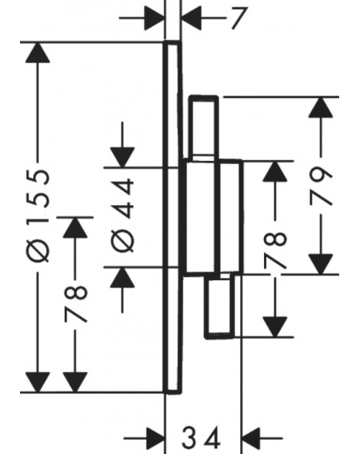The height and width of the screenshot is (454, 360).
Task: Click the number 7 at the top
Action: click(239, 18)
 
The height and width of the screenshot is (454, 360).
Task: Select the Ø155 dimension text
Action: click(38, 215)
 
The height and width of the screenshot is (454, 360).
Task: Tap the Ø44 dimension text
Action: click(122, 215)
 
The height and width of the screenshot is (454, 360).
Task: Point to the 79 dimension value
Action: click(320, 186)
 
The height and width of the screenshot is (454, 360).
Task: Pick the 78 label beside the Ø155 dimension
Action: click(75, 304)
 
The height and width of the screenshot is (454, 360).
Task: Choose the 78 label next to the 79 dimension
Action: click(275, 250)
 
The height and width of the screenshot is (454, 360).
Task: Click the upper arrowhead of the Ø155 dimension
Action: click(38, 52)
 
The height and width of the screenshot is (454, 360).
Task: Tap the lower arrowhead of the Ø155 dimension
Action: click(38, 382)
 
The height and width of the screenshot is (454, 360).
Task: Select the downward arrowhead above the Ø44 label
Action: click(122, 158)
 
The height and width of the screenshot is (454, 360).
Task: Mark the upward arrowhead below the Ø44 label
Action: click(122, 277)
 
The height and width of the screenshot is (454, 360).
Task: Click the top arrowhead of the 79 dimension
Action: click(320, 107)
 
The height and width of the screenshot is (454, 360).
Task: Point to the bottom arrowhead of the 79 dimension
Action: click(320, 263)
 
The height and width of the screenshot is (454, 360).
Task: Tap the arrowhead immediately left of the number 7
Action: click(191, 18)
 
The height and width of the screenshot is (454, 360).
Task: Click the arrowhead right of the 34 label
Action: click(251, 438)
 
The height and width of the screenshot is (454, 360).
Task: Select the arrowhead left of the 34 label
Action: click(154, 438)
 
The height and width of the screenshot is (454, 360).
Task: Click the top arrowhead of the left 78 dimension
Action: click(75, 227)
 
